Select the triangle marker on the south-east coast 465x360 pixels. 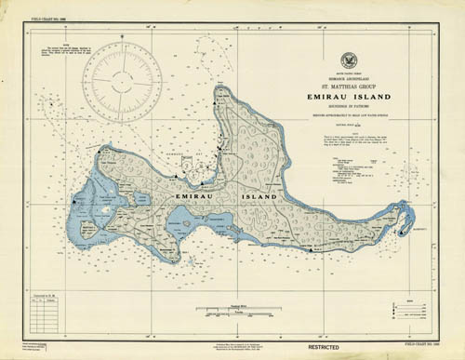pos(312,248)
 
